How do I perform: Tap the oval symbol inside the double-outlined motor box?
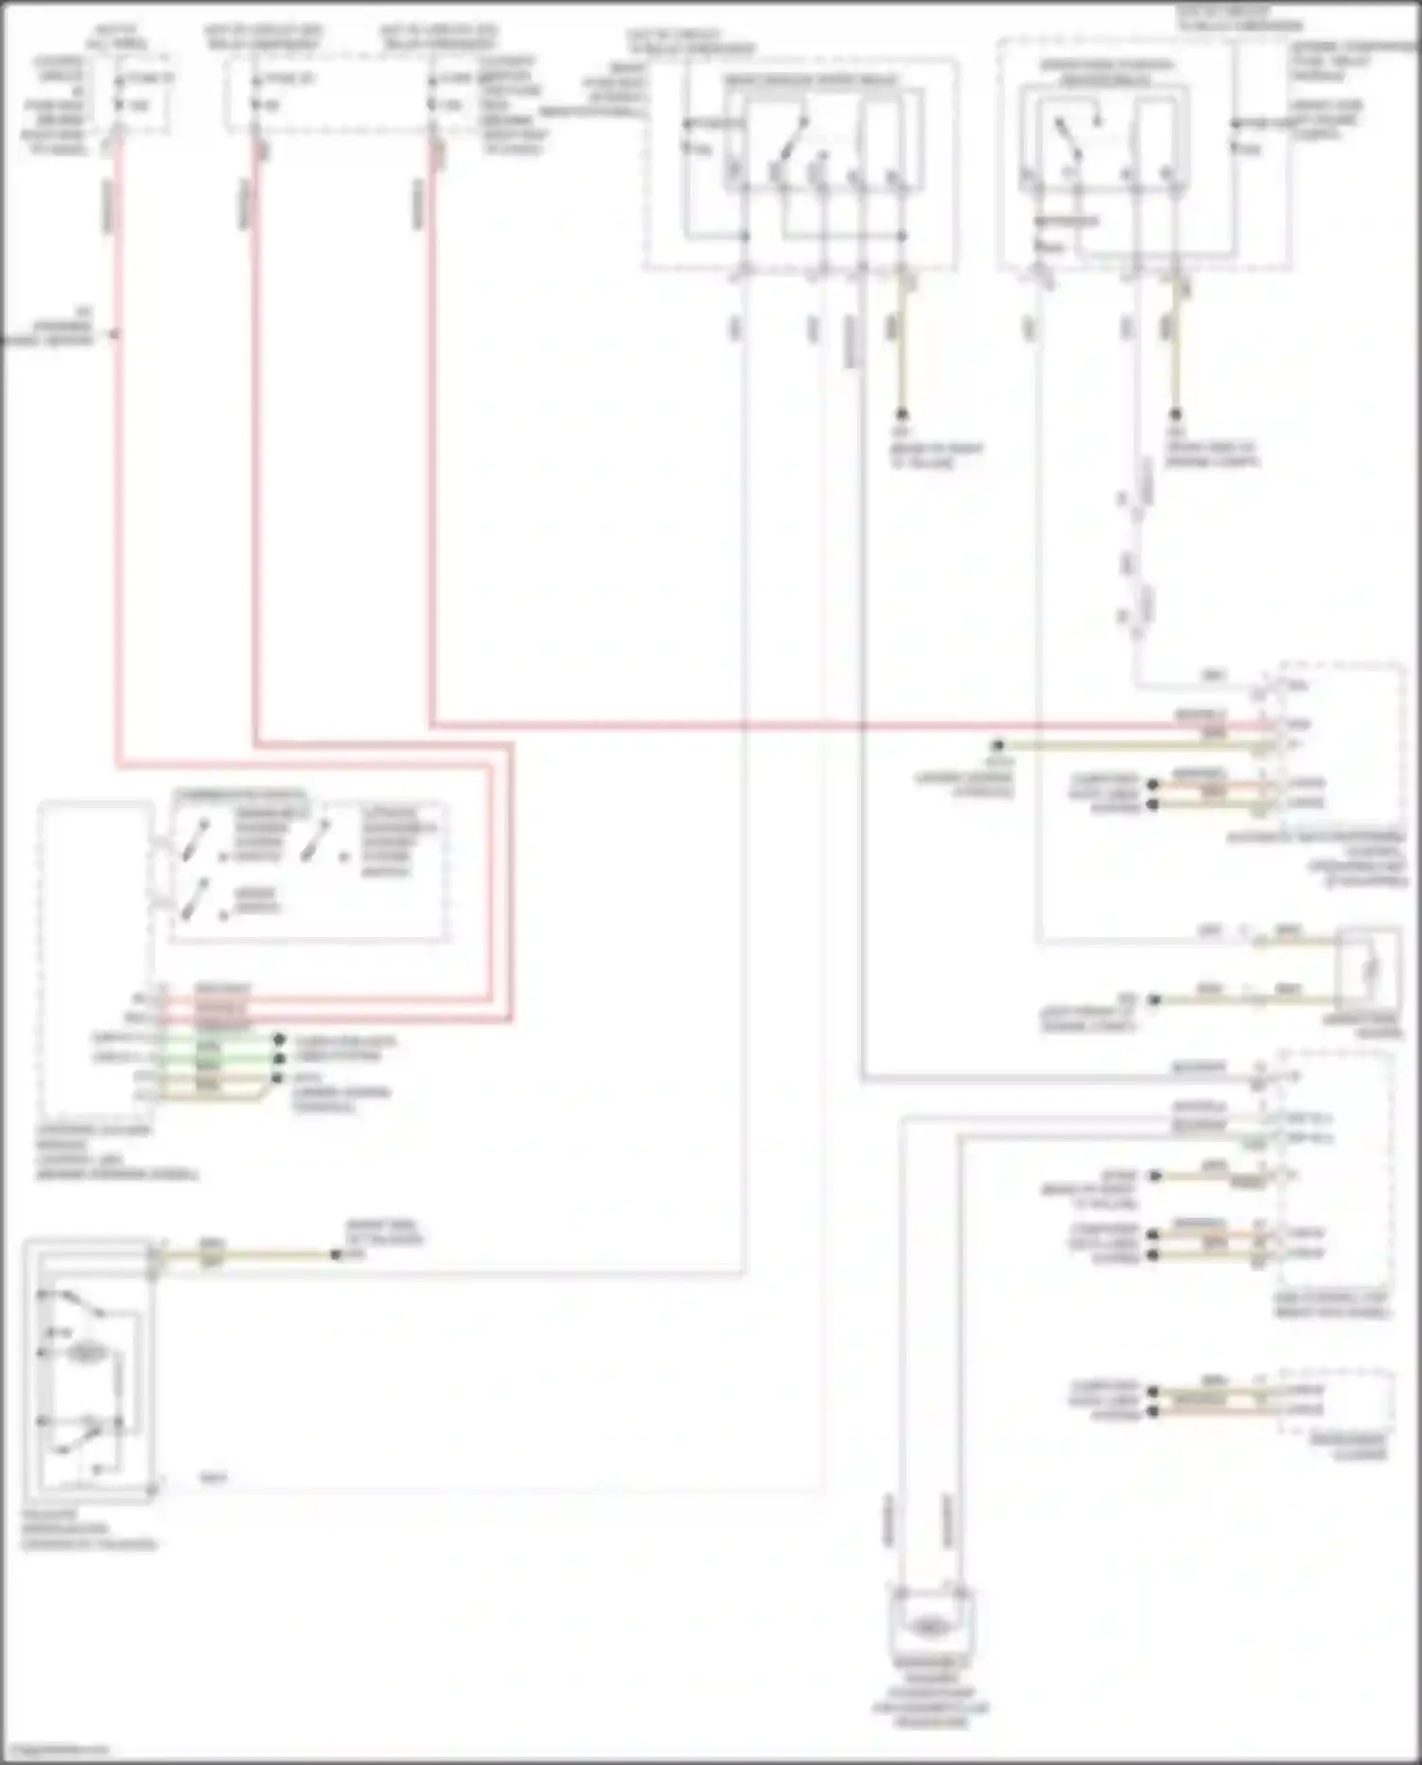[x=87, y=1353]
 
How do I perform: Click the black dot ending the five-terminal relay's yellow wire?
[x=902, y=414]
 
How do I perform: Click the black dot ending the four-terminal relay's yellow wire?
[x=1176, y=414]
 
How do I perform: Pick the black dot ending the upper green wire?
[x=279, y=1039]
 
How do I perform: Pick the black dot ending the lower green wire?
[x=279, y=1057]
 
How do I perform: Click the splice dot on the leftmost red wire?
[x=117, y=334]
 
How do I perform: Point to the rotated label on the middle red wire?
[x=246, y=204]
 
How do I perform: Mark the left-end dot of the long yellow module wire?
[x=997, y=745]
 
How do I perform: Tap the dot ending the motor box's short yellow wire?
[x=335, y=1255]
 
